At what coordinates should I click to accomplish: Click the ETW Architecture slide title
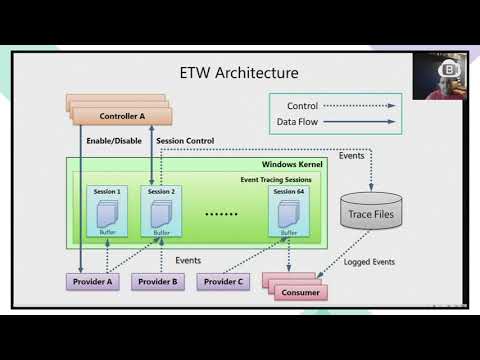click(238, 73)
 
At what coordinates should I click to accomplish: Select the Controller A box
click(122, 116)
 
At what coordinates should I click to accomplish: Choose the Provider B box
click(158, 282)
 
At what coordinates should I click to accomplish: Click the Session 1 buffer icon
click(106, 212)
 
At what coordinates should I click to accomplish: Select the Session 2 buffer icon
click(161, 212)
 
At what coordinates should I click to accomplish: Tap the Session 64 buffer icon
click(289, 212)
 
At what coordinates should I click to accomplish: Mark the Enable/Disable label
click(113, 141)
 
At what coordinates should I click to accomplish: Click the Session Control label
click(186, 141)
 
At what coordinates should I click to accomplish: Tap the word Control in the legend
click(302, 105)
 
